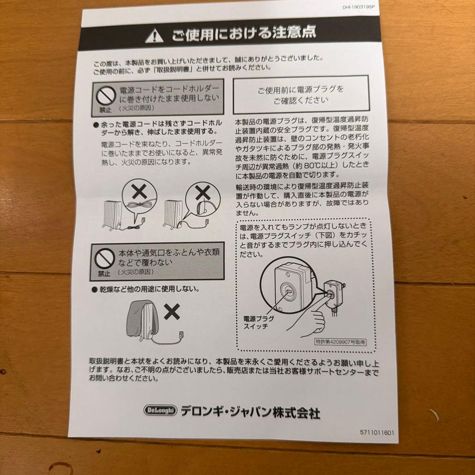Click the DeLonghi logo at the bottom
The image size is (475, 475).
[160, 410]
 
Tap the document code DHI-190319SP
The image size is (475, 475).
[360, 7]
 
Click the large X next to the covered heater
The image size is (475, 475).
[172, 312]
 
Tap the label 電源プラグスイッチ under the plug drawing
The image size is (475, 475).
[259, 322]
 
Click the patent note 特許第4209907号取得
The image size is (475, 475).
[340, 342]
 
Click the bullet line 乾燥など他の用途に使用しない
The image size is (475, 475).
[149, 289]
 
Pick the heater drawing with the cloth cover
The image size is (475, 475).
[142, 322]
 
